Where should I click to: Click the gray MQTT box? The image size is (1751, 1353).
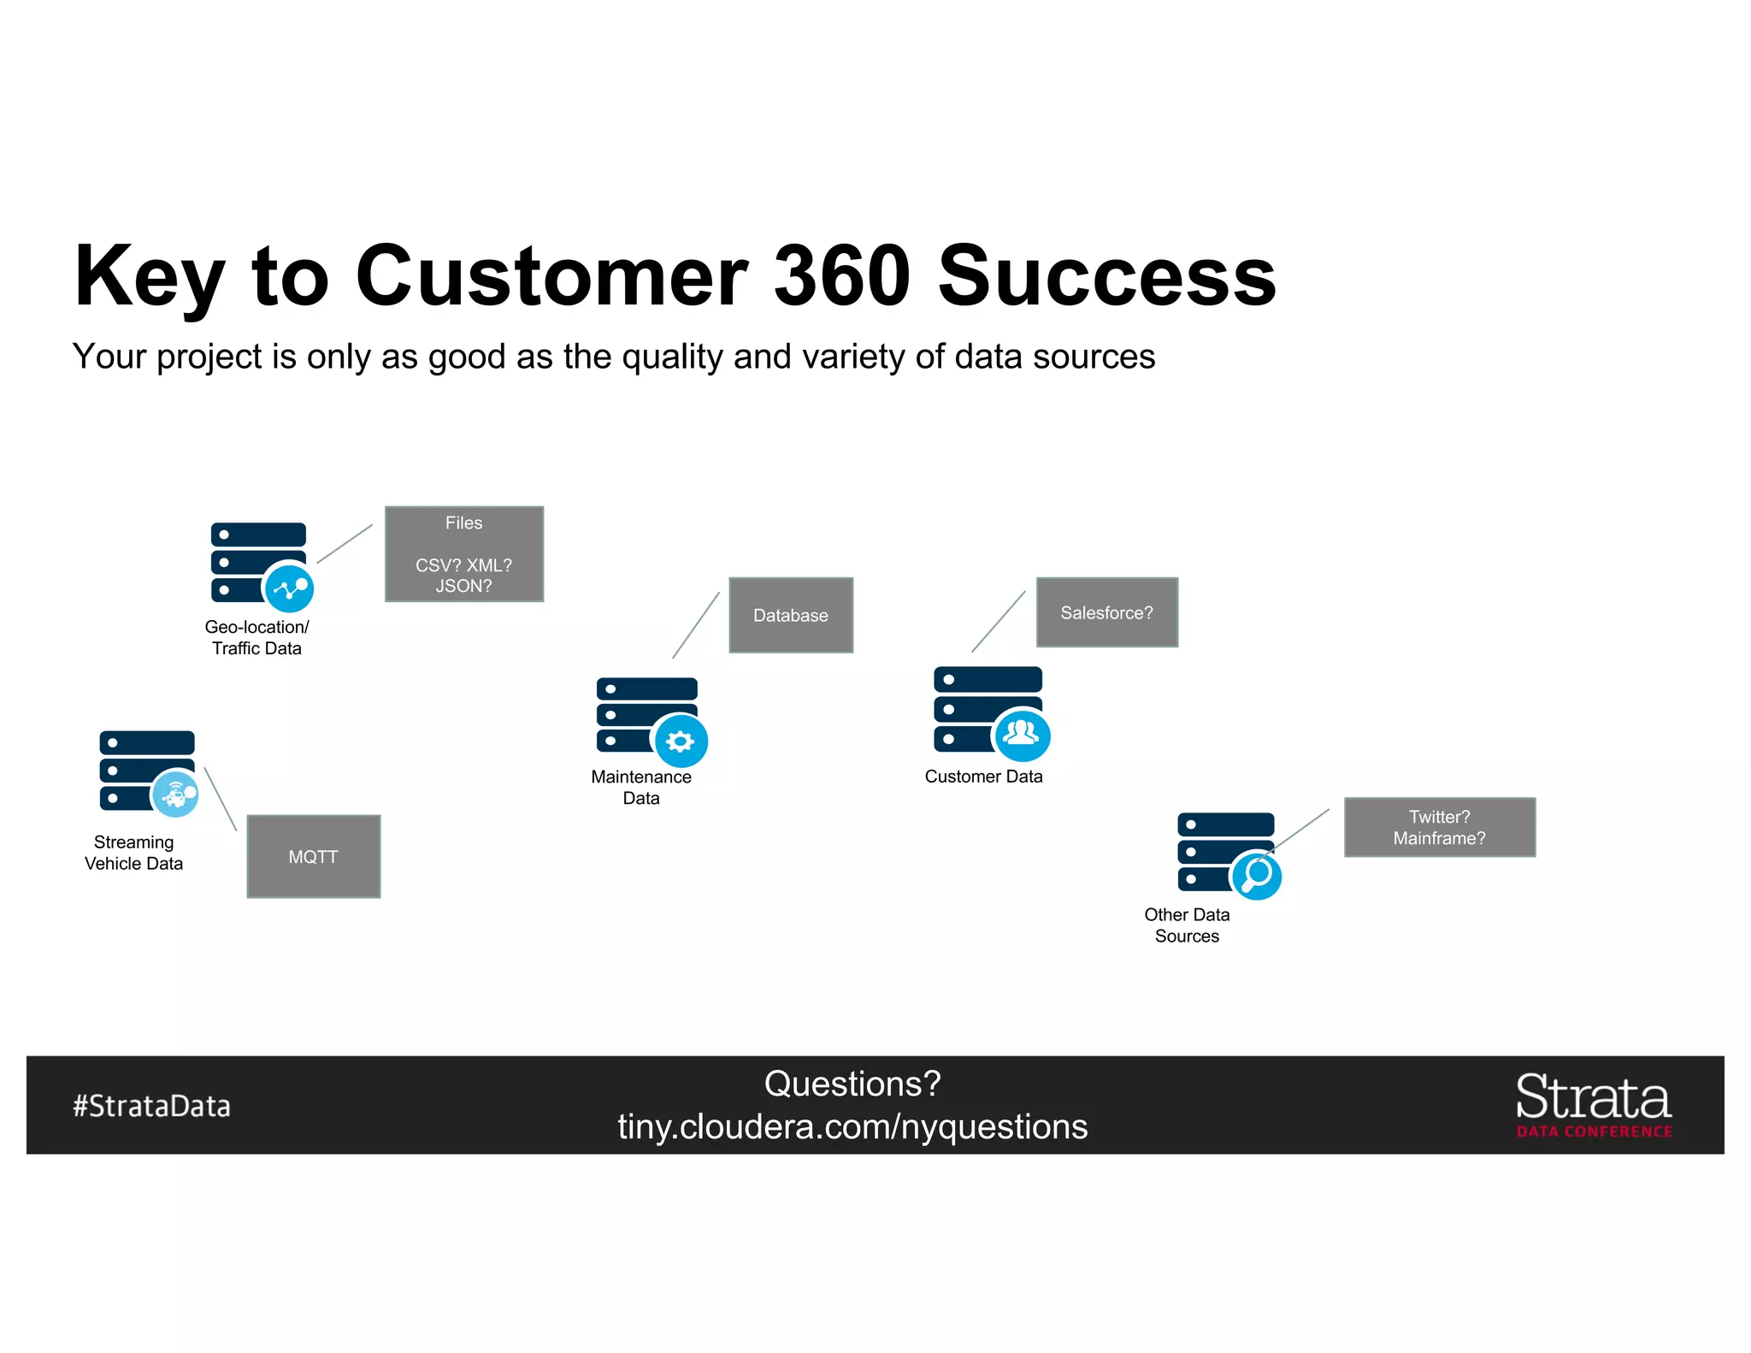click(313, 856)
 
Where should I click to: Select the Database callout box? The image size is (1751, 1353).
click(791, 615)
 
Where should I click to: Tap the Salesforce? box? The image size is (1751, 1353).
click(1106, 612)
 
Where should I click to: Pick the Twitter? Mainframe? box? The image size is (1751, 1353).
click(1439, 827)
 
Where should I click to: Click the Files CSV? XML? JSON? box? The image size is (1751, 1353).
click(463, 554)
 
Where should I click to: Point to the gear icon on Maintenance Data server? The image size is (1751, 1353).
click(681, 741)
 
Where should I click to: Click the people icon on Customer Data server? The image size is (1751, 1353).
click(1022, 734)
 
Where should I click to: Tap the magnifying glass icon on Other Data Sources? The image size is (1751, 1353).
click(1256, 875)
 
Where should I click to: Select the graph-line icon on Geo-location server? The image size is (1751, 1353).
click(290, 588)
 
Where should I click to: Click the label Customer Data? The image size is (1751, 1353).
click(983, 777)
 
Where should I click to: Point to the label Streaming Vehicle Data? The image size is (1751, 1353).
click(133, 853)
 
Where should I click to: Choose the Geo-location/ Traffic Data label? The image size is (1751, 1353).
click(256, 637)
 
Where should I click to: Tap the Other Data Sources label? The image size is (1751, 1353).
click(1187, 925)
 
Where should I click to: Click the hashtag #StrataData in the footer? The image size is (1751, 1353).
click(151, 1106)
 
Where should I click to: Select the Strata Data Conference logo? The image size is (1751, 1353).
click(1594, 1105)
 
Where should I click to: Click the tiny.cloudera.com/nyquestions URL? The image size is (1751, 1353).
click(852, 1126)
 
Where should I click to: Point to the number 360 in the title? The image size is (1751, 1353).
click(841, 275)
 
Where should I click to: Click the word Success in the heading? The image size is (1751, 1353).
click(1106, 275)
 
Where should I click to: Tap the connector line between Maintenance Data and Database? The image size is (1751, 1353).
click(696, 625)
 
